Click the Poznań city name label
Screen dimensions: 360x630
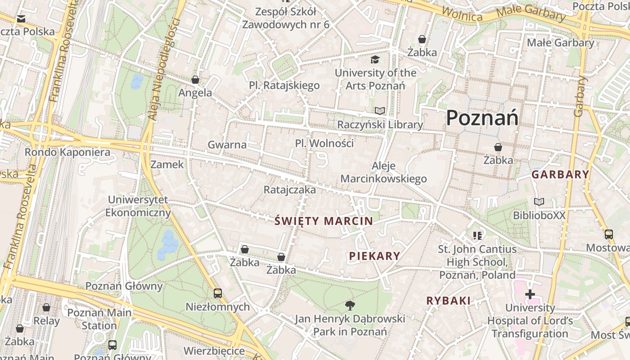click(x=482, y=118)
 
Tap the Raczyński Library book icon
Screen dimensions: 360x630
click(x=380, y=111)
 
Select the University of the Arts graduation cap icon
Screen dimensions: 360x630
click(x=375, y=59)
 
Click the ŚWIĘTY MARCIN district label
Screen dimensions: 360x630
click(x=324, y=221)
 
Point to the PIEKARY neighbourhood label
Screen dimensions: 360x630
click(x=374, y=256)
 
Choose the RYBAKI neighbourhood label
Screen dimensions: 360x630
click(x=448, y=301)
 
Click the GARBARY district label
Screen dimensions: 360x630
click(x=560, y=175)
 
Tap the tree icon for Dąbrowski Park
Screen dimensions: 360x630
click(x=350, y=306)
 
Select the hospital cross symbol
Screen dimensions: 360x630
click(x=530, y=294)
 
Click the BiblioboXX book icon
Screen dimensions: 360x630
click(x=539, y=202)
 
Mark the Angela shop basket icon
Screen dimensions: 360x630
click(x=195, y=80)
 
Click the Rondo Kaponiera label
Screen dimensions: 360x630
click(x=67, y=152)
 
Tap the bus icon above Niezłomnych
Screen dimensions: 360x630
click(x=218, y=293)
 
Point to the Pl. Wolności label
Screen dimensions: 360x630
click(x=324, y=144)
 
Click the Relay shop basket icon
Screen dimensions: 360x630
click(x=46, y=307)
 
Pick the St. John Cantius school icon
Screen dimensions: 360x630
click(x=477, y=235)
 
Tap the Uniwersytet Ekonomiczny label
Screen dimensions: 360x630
click(x=138, y=206)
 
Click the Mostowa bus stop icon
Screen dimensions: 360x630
click(x=608, y=234)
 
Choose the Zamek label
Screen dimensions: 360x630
click(x=167, y=165)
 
